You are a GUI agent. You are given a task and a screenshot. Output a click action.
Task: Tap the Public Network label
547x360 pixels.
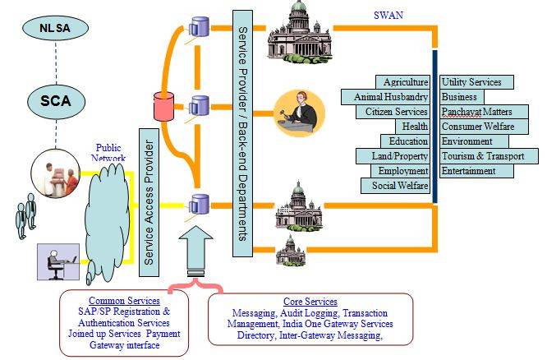pos(109,153)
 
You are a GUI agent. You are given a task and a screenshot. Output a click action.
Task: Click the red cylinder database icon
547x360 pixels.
pos(161,106)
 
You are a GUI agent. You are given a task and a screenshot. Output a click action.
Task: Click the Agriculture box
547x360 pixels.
pos(406,82)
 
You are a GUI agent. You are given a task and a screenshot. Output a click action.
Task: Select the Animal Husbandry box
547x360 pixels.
pos(386,97)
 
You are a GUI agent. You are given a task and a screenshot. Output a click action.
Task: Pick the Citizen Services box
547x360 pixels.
pos(393,112)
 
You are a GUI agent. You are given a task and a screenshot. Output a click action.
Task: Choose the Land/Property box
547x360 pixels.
pos(393,156)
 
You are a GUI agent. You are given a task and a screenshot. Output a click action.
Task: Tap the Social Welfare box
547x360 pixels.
pos(396,186)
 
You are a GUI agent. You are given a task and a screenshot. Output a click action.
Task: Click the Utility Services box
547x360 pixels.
pos(476,82)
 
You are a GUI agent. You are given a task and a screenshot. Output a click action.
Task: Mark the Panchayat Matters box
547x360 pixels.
pos(476,112)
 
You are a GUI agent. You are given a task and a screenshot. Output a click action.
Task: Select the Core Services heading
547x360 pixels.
pos(310,302)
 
